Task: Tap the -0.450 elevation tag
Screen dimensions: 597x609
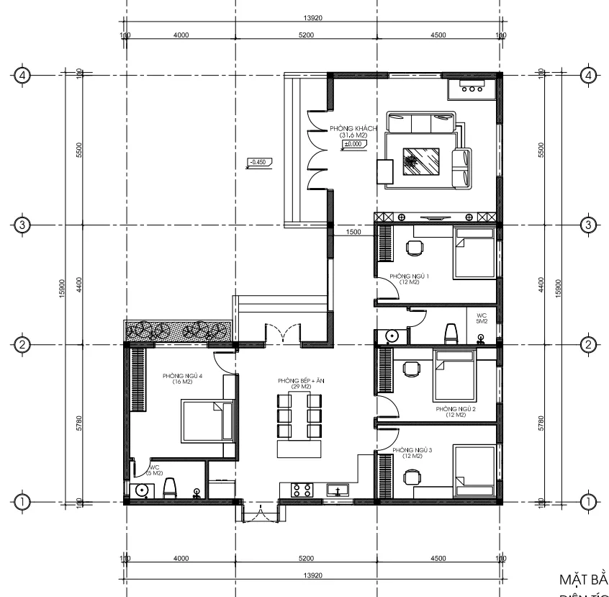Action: (x=256, y=162)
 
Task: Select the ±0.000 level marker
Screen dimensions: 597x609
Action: (x=353, y=145)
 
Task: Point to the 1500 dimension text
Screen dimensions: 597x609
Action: (x=353, y=232)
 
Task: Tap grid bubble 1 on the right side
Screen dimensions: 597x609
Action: (x=589, y=501)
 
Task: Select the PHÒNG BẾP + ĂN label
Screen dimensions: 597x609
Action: (x=302, y=383)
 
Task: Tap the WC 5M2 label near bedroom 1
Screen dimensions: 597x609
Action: (x=482, y=318)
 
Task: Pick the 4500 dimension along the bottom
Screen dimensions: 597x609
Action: (x=438, y=558)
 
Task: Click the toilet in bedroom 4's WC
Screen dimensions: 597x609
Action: (x=170, y=489)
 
